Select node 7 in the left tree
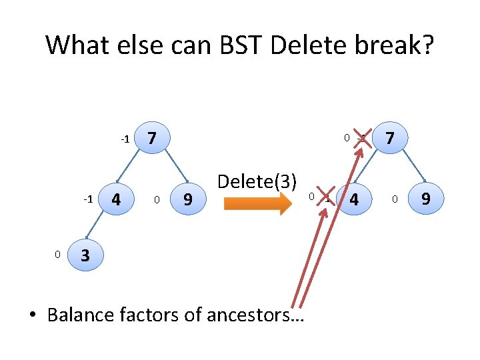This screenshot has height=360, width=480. [x=152, y=139]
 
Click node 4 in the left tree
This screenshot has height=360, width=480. [x=117, y=199]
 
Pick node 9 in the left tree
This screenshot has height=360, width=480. [x=187, y=199]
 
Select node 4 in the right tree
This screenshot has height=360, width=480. [x=354, y=199]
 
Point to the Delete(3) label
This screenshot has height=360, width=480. [x=257, y=181]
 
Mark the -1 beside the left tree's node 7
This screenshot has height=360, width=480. [x=125, y=139]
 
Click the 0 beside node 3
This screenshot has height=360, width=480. [x=58, y=254]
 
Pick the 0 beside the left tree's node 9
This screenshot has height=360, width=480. [x=157, y=199]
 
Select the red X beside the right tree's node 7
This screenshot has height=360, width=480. [x=362, y=138]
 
